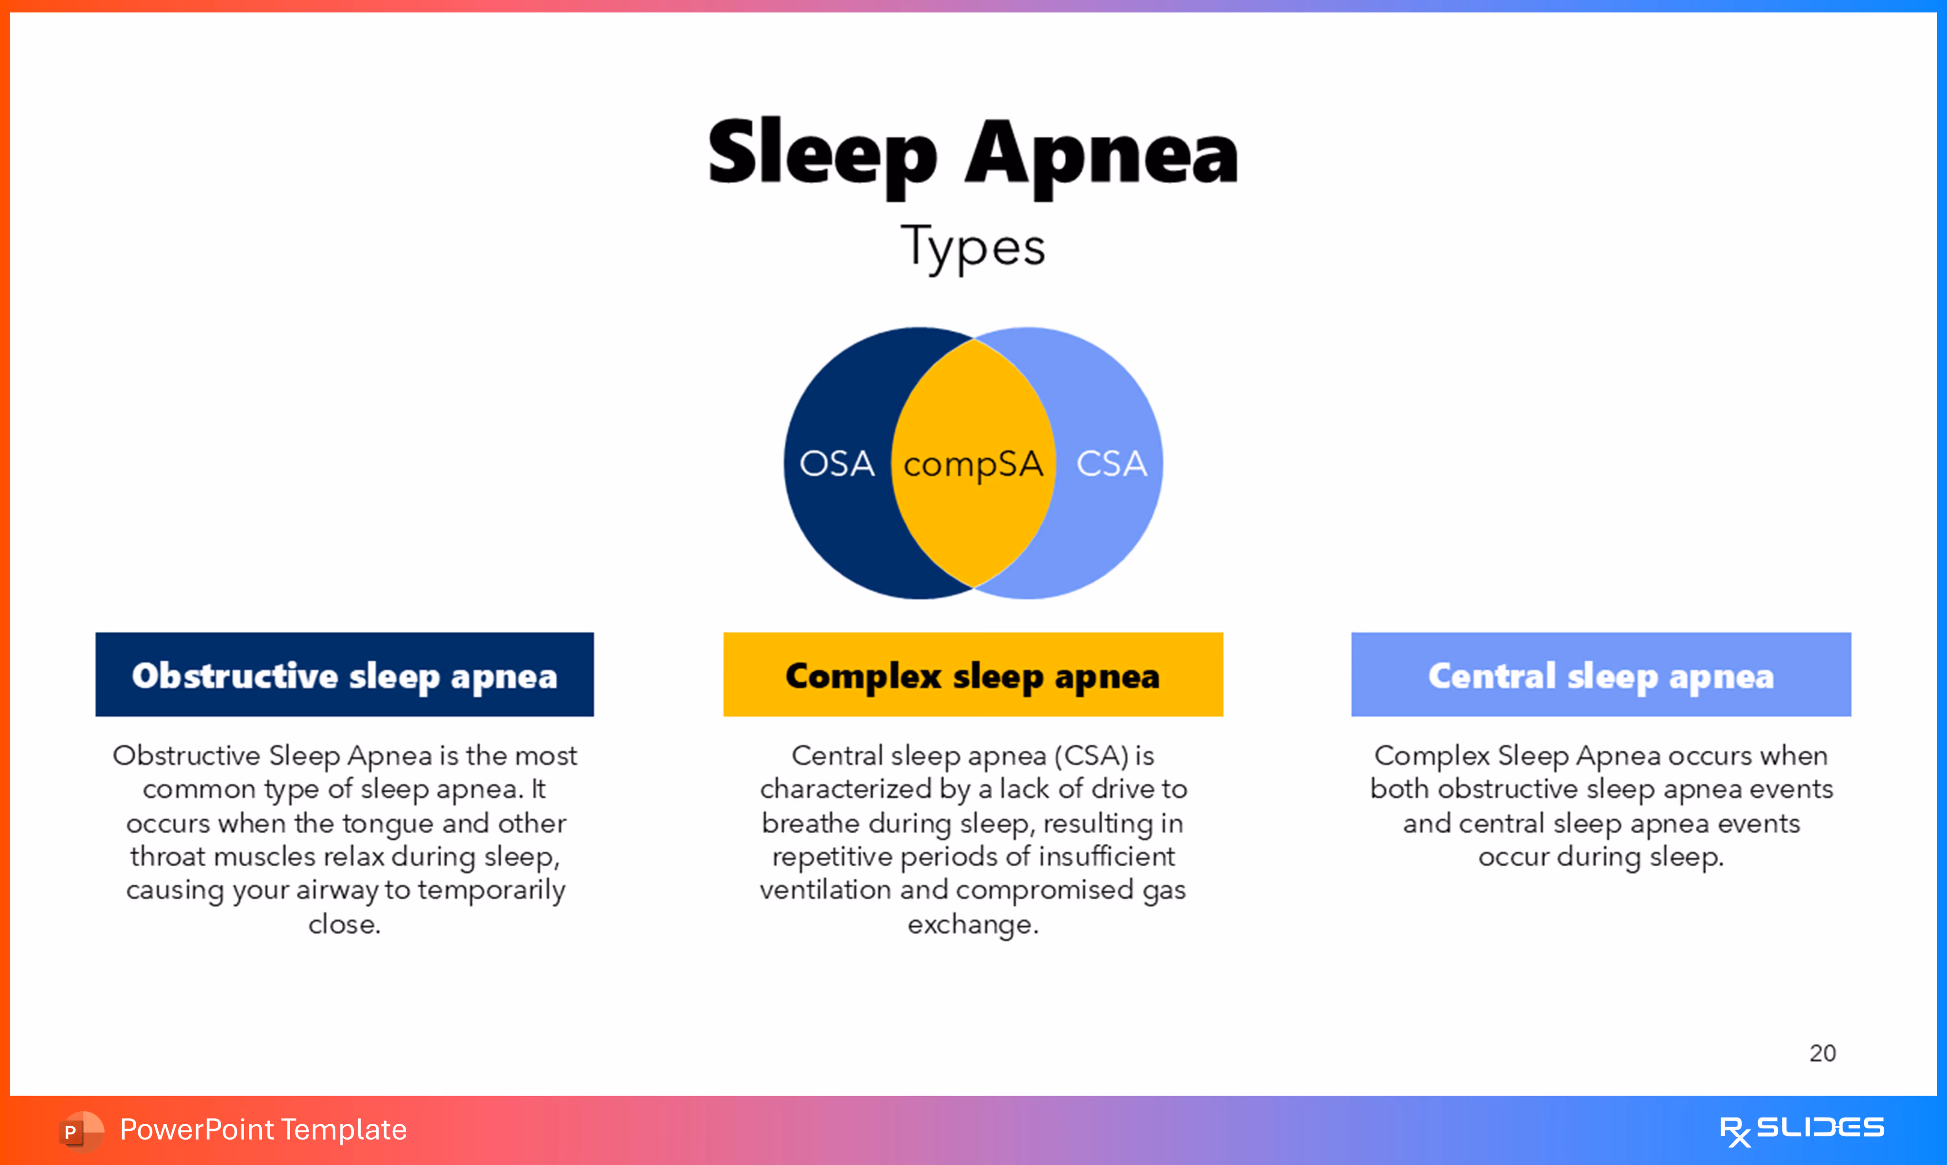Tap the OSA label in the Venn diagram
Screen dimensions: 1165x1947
(837, 463)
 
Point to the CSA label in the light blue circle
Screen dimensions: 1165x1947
(1111, 463)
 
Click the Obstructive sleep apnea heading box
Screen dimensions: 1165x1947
(345, 675)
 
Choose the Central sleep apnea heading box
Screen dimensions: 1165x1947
(1601, 675)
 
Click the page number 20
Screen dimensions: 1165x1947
(1822, 1053)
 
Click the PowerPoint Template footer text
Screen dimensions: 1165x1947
(263, 1130)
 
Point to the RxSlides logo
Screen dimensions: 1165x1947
(1802, 1130)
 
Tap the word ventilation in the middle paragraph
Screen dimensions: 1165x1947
(826, 890)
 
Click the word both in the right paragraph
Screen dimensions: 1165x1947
(1400, 789)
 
